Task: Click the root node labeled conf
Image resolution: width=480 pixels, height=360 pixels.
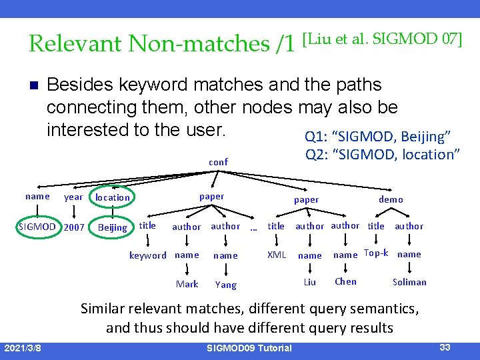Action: (218, 162)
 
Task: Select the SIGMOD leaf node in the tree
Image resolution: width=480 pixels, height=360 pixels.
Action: (37, 227)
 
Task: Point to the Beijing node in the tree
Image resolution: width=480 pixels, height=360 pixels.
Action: (112, 227)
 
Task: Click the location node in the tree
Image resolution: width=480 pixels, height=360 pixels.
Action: (113, 197)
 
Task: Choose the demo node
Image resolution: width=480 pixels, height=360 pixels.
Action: (391, 199)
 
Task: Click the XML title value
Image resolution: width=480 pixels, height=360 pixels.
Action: (277, 255)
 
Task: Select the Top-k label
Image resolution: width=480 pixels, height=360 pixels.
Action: (376, 253)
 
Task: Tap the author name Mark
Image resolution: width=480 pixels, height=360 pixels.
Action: (187, 284)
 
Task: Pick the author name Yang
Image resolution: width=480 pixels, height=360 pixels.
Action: (225, 285)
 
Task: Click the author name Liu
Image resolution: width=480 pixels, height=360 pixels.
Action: (309, 282)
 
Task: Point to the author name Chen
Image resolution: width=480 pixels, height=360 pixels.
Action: (345, 281)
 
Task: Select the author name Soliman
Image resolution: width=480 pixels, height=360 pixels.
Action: (409, 282)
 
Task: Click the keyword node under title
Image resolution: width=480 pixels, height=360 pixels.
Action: (147, 255)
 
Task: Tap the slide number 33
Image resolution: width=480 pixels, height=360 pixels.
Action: (445, 347)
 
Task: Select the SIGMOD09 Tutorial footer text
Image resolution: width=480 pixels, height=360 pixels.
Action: (249, 348)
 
